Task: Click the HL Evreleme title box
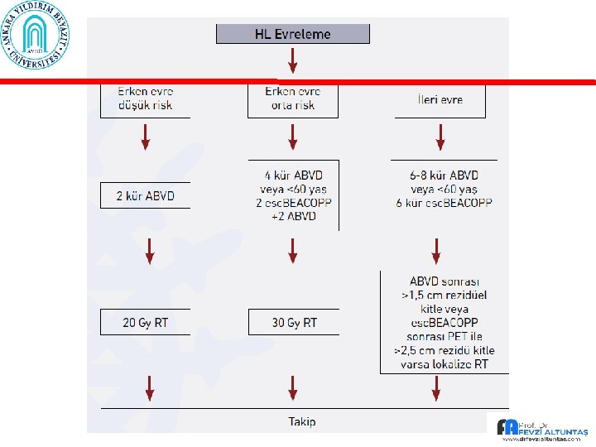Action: (x=292, y=34)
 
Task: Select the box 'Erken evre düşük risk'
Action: (x=145, y=99)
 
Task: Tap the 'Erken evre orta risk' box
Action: (x=292, y=99)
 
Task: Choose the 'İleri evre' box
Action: (x=440, y=99)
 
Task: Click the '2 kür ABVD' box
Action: (x=145, y=196)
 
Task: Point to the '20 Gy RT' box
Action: (x=145, y=322)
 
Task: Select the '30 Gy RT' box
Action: (x=294, y=322)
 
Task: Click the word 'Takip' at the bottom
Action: (x=301, y=421)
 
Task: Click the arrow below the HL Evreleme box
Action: (x=292, y=61)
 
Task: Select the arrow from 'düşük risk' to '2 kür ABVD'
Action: (x=146, y=137)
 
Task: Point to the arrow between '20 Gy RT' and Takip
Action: (x=149, y=386)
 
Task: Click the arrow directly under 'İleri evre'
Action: (x=440, y=137)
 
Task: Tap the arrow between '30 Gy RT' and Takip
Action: (x=292, y=386)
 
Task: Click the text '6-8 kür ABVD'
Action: (x=443, y=175)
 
